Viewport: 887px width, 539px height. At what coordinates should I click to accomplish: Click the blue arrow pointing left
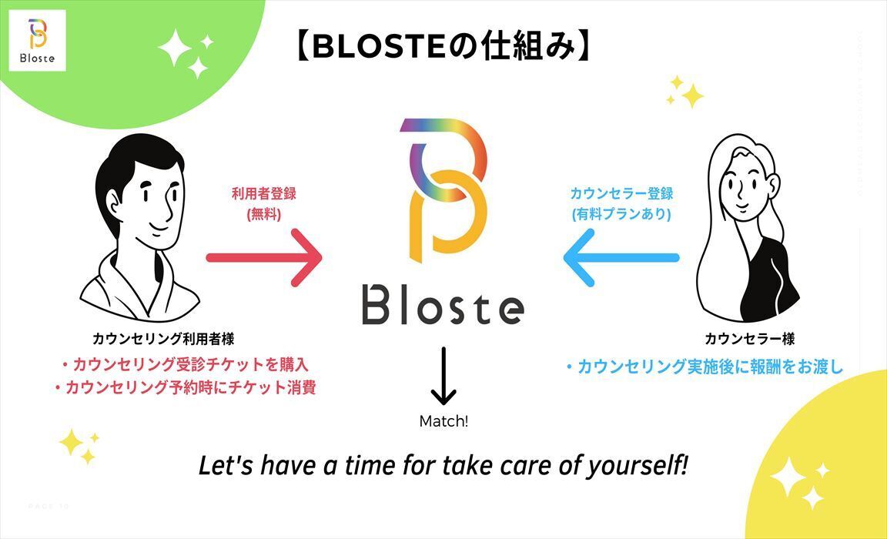[x=621, y=258]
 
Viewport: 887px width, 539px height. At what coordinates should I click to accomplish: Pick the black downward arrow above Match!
[x=443, y=377]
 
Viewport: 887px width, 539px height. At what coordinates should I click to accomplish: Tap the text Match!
[x=443, y=421]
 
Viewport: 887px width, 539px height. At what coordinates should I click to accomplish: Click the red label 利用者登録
[x=263, y=194]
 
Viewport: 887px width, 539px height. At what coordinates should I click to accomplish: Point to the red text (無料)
[x=263, y=215]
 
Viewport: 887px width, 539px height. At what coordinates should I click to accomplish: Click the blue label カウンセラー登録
[x=621, y=194]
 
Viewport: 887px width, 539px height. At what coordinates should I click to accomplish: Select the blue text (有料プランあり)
[x=621, y=215]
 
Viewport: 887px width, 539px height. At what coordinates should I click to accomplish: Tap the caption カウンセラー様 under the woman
[x=749, y=338]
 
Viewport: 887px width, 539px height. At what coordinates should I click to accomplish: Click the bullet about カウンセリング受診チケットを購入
[x=185, y=364]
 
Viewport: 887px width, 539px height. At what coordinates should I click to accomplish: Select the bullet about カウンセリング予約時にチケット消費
[x=185, y=387]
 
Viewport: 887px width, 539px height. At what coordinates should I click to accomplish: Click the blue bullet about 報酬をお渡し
[x=704, y=367]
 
